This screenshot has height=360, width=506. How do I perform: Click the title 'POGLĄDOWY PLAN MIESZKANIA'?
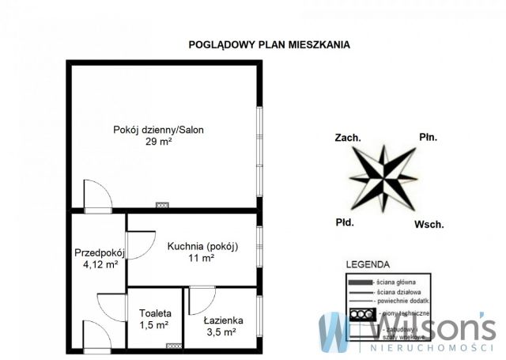(269, 45)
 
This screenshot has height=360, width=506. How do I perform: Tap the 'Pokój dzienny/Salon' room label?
(158, 131)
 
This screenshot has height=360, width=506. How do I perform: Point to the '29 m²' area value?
(158, 142)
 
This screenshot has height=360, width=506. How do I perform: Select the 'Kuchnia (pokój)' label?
(202, 246)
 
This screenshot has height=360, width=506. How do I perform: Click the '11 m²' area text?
(202, 259)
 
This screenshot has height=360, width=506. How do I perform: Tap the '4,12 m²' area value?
(100, 265)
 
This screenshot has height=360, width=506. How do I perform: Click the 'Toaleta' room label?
(154, 313)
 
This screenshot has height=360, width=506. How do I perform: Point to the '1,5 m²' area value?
(154, 324)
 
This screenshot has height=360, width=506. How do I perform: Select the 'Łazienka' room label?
(222, 320)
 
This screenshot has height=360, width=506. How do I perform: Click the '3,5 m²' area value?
(222, 333)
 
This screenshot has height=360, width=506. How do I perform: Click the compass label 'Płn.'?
(428, 138)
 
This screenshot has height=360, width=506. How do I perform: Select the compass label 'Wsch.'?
(429, 225)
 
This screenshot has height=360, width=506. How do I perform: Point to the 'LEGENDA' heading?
(367, 265)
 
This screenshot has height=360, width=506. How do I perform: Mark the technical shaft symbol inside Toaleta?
(171, 347)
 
